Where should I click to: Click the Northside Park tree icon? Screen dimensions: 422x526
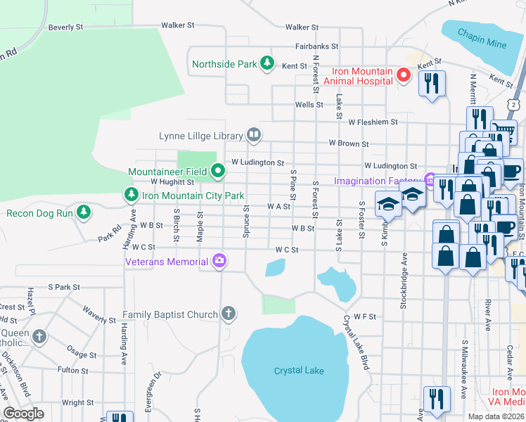[267, 64]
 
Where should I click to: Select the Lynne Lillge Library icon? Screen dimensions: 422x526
[254, 135]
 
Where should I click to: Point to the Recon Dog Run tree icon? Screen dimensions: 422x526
[84, 212]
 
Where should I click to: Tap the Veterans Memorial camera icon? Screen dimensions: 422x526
[219, 262]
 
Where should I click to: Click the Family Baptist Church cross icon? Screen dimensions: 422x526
[227, 314]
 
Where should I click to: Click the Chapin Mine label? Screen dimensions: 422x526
[482, 39]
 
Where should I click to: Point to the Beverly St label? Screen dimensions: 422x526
[66, 27]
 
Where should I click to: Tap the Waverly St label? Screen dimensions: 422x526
[98, 314]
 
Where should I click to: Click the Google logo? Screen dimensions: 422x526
[23, 414]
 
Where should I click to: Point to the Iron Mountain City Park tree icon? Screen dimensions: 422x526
[130, 195]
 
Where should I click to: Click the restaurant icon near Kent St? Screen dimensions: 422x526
[431, 84]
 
